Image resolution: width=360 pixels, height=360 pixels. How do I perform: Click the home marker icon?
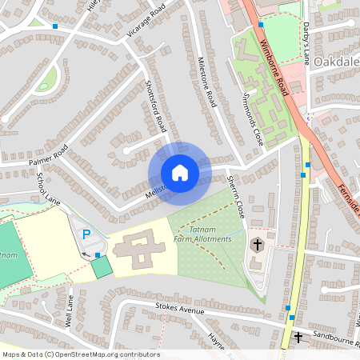click(x=179, y=173)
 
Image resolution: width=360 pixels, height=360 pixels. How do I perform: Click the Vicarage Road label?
click(x=146, y=21)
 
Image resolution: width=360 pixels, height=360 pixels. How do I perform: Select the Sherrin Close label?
click(x=235, y=197)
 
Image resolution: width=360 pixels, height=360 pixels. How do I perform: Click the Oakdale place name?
click(x=335, y=62)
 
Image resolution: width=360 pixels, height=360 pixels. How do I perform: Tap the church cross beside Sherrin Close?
click(x=258, y=244)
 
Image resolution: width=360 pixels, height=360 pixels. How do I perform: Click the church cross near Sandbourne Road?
click(x=298, y=338)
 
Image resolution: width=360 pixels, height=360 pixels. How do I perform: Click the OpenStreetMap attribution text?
click(x=81, y=354)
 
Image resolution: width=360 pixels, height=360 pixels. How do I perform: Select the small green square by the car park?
click(x=102, y=267)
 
